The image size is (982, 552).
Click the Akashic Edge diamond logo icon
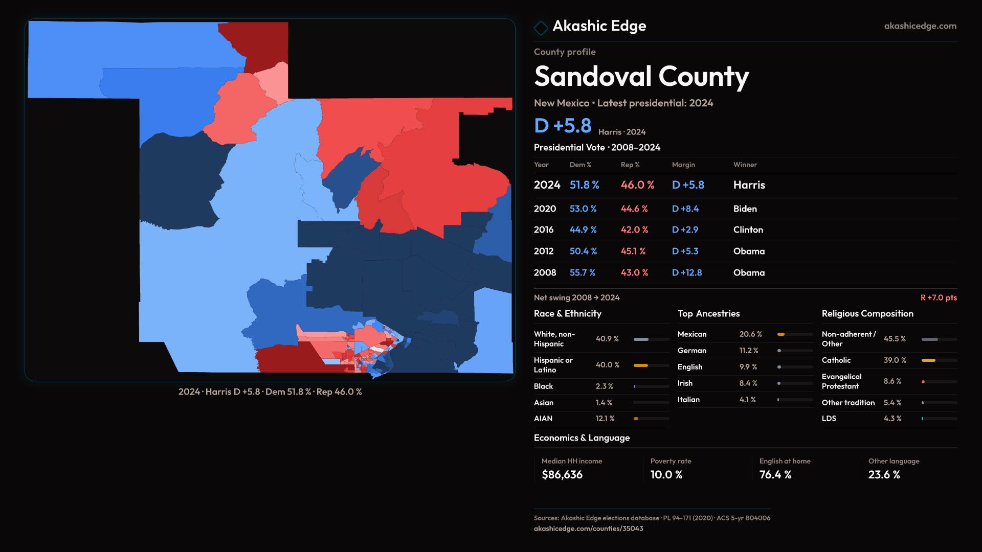pos(541,28)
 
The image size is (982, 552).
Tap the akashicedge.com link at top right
pos(920,26)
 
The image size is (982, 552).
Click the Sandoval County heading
pos(641,77)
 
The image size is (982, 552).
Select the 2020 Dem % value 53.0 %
pos(583,209)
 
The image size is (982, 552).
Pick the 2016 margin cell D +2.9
pos(685,230)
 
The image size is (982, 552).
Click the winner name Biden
pos(745,209)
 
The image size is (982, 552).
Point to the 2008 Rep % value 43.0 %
pos(634,273)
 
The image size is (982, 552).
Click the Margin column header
pos(683,165)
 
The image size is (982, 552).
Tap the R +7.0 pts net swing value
pos(938,297)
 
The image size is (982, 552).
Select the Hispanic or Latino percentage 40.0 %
pos(607,365)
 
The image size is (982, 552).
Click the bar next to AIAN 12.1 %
pos(651,419)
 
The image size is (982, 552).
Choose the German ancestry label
pos(691,351)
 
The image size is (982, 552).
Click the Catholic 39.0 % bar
pos(939,360)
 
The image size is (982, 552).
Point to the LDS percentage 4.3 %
pos(892,419)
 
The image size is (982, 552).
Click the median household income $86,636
pos(562,475)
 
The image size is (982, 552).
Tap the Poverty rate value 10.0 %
pos(666,475)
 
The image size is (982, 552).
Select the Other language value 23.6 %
pos(884,475)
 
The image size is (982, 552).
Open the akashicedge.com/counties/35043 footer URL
pos(588,528)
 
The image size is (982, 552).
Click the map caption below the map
pos(270,392)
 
